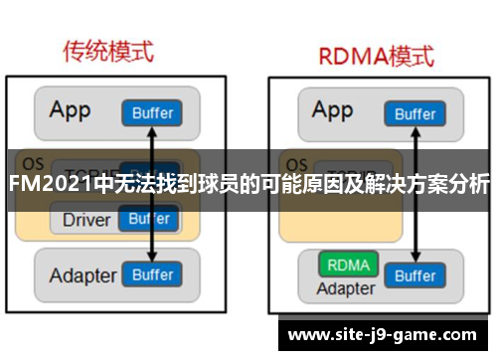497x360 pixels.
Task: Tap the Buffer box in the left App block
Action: [x=152, y=112]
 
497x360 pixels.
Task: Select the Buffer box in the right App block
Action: [x=414, y=113]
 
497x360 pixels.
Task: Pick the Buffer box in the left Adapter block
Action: [x=152, y=273]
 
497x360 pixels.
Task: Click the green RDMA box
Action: [x=347, y=266]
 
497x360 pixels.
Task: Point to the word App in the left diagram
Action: [x=72, y=108]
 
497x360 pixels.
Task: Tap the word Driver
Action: [x=86, y=219]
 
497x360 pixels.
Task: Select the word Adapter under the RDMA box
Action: [x=346, y=288]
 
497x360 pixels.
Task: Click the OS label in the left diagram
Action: [x=33, y=161]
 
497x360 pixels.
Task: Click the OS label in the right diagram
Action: [x=294, y=161]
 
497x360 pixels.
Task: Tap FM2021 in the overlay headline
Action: [x=48, y=185]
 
